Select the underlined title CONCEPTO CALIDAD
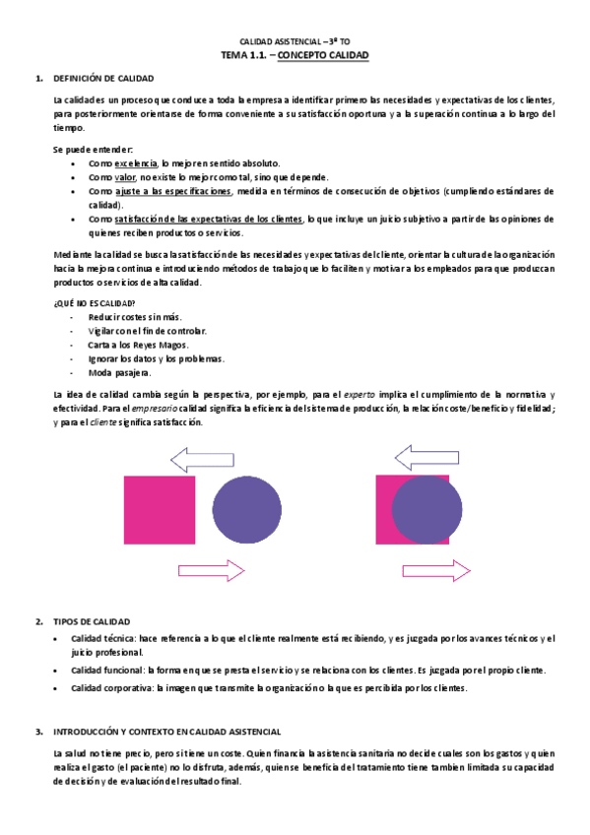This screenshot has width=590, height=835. (x=323, y=56)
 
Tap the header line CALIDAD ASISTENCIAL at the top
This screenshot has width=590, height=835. (x=295, y=42)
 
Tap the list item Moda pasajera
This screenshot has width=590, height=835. (x=113, y=373)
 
